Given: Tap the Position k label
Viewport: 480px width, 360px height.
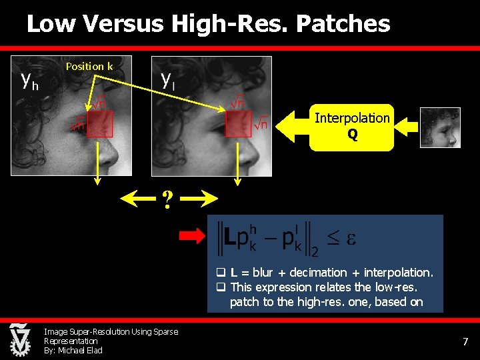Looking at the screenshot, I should pyautogui.click(x=89, y=66).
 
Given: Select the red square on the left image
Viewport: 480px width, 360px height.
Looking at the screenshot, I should pyautogui.click(x=100, y=124).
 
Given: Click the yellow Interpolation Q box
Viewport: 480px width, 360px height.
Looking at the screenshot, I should pyautogui.click(x=351, y=127).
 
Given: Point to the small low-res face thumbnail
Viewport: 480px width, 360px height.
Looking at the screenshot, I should pyautogui.click(x=440, y=127).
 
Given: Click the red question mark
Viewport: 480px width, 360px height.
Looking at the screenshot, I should pyautogui.click(x=169, y=199).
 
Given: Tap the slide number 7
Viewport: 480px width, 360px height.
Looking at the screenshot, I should pyautogui.click(x=465, y=342).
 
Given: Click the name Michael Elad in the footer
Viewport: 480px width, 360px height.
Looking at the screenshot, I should pyautogui.click(x=80, y=351).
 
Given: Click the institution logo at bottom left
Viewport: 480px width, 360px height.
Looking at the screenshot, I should pyautogui.click(x=19, y=339).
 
